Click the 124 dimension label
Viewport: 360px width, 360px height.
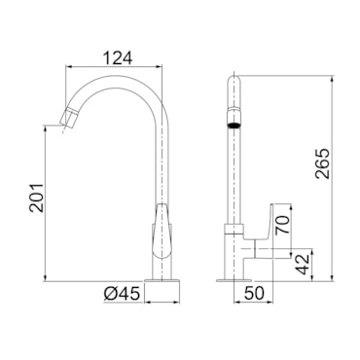118,58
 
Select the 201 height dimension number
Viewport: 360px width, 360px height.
36,198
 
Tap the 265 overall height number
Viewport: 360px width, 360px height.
323,163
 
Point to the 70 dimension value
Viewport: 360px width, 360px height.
282,225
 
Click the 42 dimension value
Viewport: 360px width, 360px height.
304,265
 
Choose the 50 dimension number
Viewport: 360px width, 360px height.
254,294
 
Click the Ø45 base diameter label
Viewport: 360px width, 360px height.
122,294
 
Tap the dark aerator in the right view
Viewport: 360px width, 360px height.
234,125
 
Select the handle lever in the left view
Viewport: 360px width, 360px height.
162,232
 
